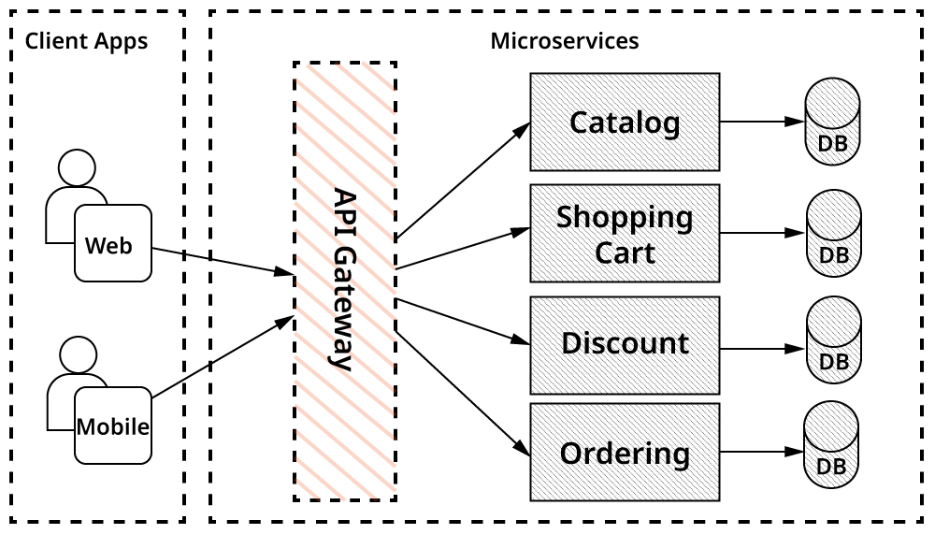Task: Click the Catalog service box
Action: coord(625,123)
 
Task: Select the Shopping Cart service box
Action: coord(625,234)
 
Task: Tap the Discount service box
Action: coord(625,344)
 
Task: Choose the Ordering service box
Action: coord(625,454)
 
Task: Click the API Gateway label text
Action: coord(345,281)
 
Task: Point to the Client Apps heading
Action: coord(86,41)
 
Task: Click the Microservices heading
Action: coord(565,41)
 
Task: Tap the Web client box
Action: coord(113,244)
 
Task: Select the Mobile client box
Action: coord(113,426)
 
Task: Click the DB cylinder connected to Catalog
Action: coord(832,123)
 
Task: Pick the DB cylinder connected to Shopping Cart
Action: coord(832,234)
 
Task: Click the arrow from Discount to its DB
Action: coord(762,349)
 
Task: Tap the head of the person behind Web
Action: coord(76,169)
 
